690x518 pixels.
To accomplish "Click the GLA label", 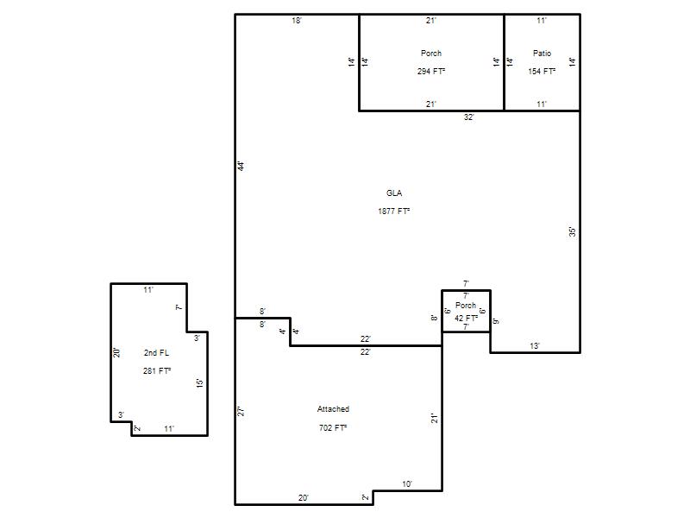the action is pyautogui.click(x=394, y=193).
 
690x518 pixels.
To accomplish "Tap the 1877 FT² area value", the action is pyautogui.click(x=394, y=211).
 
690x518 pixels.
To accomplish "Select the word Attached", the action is pyautogui.click(x=333, y=408).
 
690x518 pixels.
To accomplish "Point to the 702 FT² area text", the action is pyautogui.click(x=333, y=427).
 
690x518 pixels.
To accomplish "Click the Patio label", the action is pyautogui.click(x=542, y=53).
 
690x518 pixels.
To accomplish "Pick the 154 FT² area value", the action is pyautogui.click(x=542, y=71).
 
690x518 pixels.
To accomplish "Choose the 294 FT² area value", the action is pyautogui.click(x=431, y=71).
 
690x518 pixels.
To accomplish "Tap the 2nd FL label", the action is pyautogui.click(x=156, y=352).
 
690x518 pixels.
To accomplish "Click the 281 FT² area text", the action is pyautogui.click(x=157, y=371).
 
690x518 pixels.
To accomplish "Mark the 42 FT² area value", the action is pyautogui.click(x=466, y=318).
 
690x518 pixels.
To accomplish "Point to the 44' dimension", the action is pyautogui.click(x=241, y=166).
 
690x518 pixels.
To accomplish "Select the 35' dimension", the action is pyautogui.click(x=572, y=231).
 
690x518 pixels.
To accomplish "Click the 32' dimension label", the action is pyautogui.click(x=469, y=117).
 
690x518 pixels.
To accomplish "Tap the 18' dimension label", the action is pyautogui.click(x=297, y=20).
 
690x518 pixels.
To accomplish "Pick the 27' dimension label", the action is pyautogui.click(x=241, y=412).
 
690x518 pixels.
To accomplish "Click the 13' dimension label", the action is pyautogui.click(x=535, y=346).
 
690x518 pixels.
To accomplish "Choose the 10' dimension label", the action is pyautogui.click(x=407, y=484).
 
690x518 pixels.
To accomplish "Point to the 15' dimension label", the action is pyautogui.click(x=200, y=382).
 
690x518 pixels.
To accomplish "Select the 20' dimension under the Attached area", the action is pyautogui.click(x=304, y=498).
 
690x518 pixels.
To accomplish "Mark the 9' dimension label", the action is pyautogui.click(x=496, y=321).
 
